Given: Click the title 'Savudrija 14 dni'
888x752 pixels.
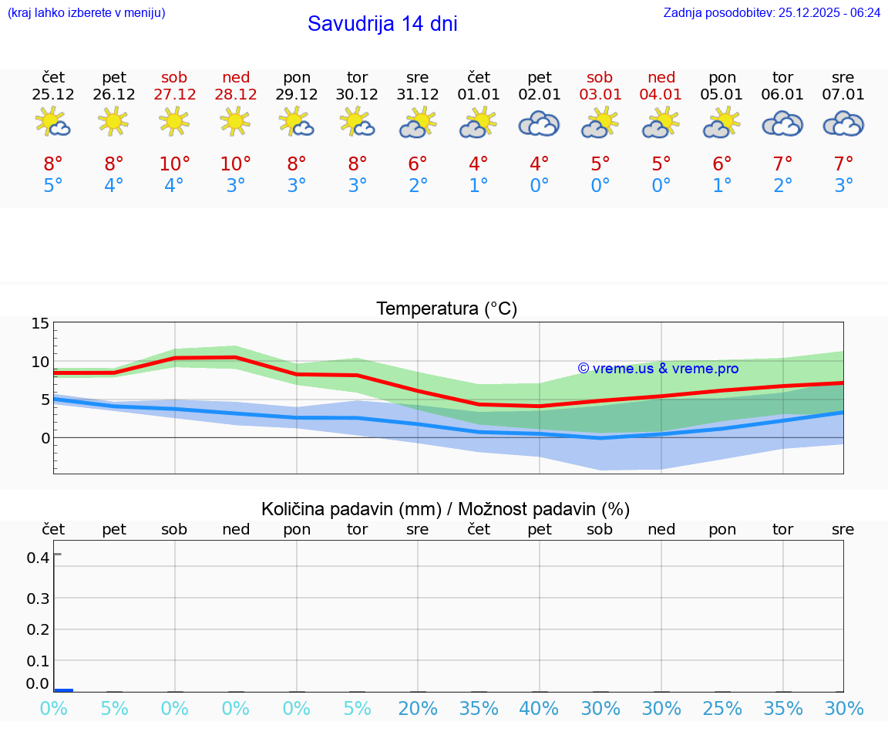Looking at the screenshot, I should [382, 24].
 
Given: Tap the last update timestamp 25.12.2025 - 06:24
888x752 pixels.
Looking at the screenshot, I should [772, 13].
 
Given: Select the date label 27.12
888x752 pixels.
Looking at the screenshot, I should [174, 95].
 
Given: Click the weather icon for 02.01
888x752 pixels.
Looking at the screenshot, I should [539, 123].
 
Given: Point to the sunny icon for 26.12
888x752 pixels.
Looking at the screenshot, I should [114, 121].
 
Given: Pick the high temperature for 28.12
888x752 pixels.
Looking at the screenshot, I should [235, 164].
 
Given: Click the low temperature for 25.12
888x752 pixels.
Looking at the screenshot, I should [53, 186].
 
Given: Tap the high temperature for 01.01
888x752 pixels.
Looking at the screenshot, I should [479, 164].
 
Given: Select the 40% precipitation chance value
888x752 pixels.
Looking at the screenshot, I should [539, 709].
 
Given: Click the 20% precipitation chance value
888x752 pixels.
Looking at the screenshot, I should [418, 709].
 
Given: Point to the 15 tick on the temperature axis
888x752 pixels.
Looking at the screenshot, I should [40, 324].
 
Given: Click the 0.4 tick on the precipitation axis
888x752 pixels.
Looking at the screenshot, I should [39, 558].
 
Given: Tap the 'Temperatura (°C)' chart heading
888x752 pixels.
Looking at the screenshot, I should [446, 309].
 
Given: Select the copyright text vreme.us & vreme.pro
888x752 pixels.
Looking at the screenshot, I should [658, 369].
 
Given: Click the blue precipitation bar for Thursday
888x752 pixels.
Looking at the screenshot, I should [63, 690].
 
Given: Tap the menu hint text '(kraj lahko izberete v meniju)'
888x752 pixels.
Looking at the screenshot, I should [86, 13].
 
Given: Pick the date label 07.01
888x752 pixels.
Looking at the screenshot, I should [843, 95].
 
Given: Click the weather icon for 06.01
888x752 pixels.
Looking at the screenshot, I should [782, 123].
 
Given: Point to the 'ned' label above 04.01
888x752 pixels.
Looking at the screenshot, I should [661, 77].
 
